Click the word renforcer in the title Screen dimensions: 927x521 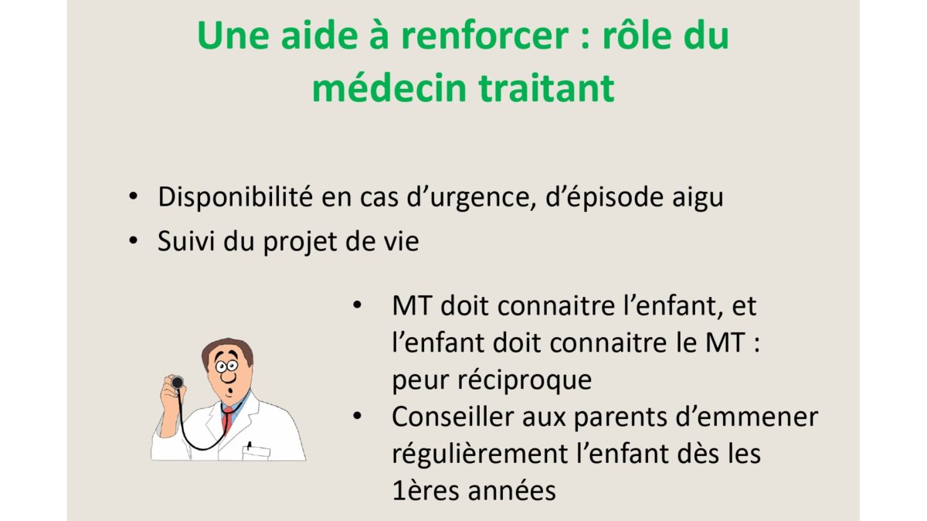[x=484, y=36]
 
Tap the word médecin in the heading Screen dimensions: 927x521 [x=389, y=88]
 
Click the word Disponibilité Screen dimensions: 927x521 [x=235, y=196]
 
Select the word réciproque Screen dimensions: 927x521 [x=525, y=381]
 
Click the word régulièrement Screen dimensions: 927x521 [x=480, y=455]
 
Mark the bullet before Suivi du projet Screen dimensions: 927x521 [x=133, y=240]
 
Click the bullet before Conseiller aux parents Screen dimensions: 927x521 [x=357, y=416]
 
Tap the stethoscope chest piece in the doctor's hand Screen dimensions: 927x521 [x=178, y=382]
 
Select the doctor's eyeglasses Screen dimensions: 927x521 [x=227, y=366]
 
